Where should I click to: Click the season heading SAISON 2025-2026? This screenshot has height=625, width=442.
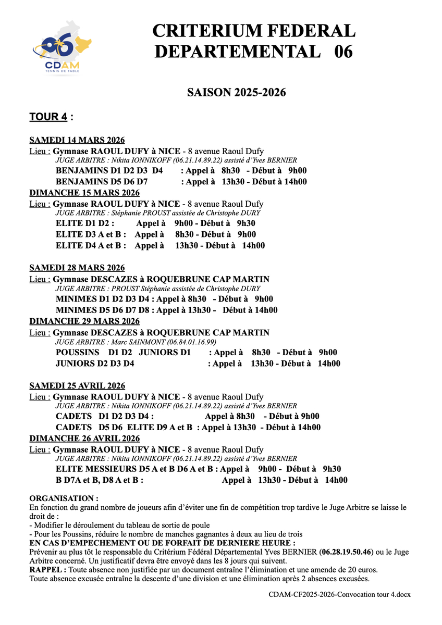(x=236, y=92)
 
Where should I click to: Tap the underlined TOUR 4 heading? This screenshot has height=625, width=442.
(x=48, y=117)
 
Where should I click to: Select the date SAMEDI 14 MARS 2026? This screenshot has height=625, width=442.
(x=77, y=141)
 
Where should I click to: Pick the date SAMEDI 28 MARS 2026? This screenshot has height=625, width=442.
(x=77, y=268)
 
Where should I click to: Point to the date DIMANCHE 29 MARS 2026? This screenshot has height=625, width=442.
(x=84, y=321)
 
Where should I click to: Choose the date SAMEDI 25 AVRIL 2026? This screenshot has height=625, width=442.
(x=77, y=386)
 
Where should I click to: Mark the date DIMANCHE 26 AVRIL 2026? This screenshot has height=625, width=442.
(x=84, y=439)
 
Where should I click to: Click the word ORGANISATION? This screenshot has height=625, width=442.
(x=63, y=498)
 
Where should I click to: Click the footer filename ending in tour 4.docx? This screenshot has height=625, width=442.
(x=339, y=594)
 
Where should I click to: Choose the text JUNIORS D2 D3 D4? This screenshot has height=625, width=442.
(x=95, y=364)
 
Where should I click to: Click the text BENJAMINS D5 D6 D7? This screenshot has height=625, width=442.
(x=102, y=182)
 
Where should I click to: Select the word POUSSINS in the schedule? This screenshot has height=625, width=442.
(x=77, y=353)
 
